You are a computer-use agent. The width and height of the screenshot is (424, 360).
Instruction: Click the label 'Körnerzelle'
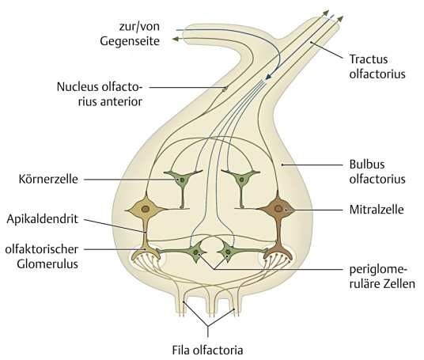48,179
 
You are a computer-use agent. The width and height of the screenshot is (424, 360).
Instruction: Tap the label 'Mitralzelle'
377,210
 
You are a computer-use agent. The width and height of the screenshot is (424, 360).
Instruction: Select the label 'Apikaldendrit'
43,219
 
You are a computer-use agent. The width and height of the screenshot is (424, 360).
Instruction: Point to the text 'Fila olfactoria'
208,350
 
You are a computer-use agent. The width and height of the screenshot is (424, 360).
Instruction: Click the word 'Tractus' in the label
369,59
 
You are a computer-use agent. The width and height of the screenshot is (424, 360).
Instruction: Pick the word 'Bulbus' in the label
367,165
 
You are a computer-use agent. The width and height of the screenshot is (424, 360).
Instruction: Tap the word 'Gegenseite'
130,41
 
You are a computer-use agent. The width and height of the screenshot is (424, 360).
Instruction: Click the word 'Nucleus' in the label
78,87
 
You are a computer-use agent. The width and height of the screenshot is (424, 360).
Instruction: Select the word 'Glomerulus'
47,264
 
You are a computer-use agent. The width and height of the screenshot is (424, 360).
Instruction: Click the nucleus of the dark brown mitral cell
278,209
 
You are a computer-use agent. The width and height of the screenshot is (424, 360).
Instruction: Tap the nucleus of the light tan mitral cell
146,209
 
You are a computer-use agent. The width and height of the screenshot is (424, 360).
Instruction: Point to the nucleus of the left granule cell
182,180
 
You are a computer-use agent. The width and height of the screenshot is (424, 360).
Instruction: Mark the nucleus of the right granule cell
241,180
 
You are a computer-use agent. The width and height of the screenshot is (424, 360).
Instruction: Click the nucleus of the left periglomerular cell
195,252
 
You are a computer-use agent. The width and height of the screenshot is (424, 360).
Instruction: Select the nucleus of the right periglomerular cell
228,252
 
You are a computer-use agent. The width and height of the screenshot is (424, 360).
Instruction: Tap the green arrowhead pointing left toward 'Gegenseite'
176,39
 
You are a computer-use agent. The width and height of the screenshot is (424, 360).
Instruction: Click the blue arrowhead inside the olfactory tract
268,77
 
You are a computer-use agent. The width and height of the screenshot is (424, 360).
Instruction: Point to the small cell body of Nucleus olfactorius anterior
225,88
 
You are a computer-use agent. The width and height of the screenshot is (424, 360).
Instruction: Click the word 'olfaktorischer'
42,249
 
